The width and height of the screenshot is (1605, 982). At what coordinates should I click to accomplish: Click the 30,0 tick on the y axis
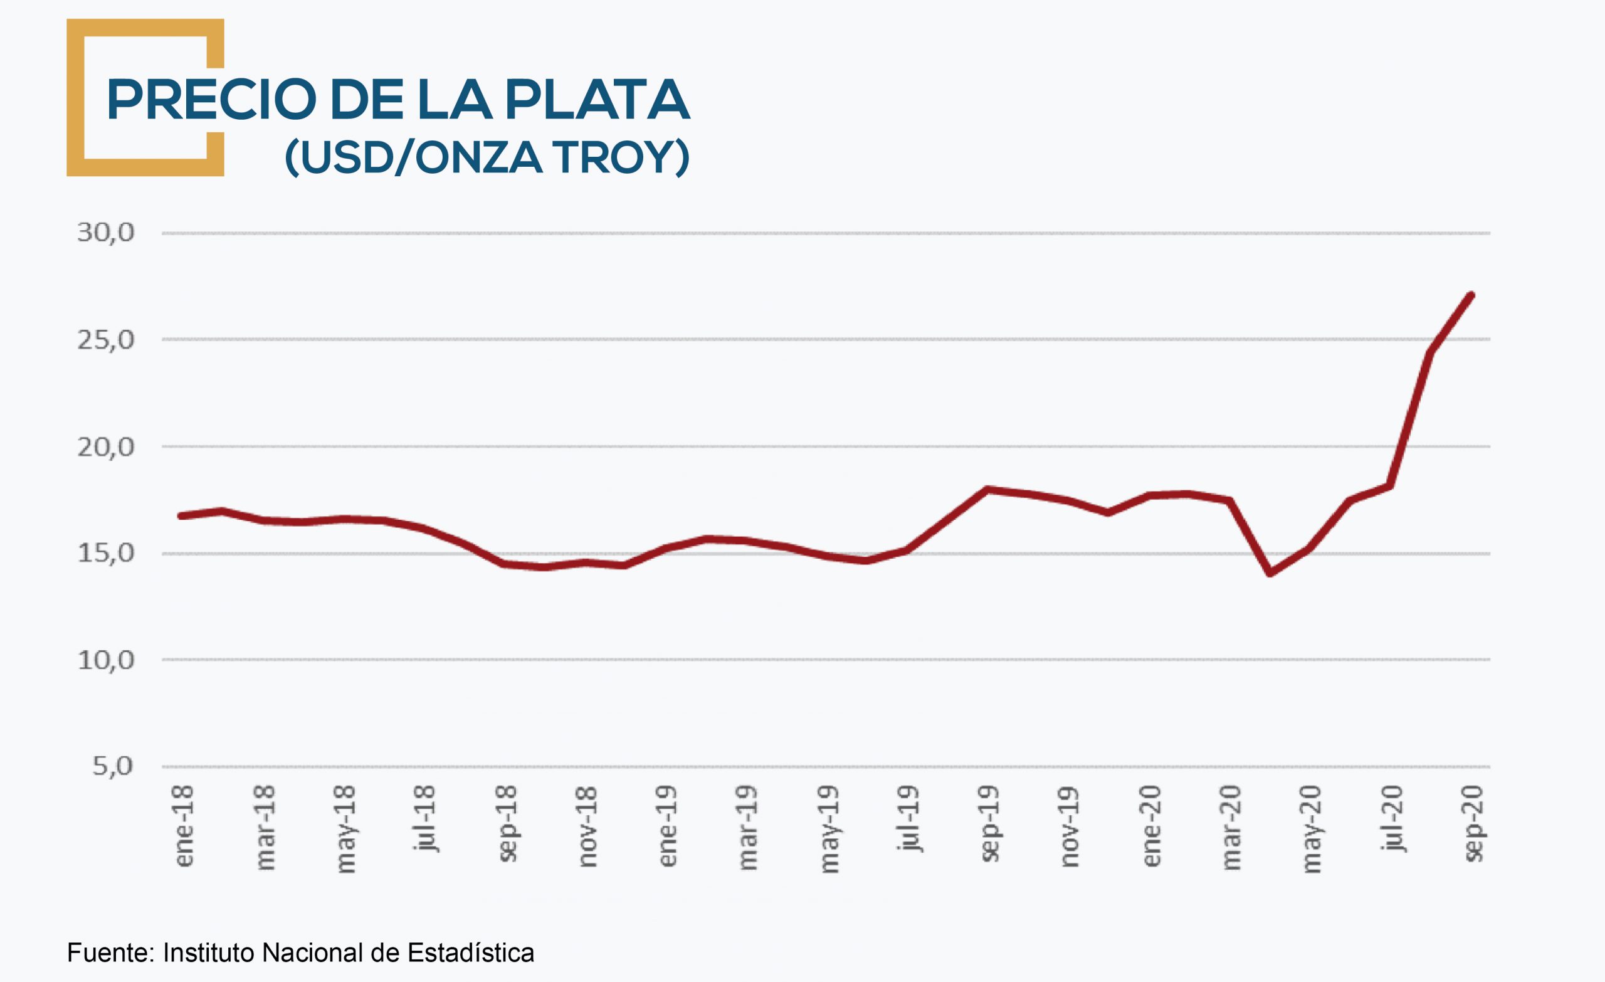[x=105, y=233]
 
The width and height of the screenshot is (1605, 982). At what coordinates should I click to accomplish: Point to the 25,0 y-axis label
[x=105, y=339]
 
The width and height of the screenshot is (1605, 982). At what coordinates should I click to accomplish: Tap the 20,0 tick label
[x=105, y=447]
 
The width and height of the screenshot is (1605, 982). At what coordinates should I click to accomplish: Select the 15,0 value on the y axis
[x=105, y=553]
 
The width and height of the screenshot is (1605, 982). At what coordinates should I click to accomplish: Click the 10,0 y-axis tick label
[x=105, y=660]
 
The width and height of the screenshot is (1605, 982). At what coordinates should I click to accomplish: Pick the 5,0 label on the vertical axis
[x=113, y=766]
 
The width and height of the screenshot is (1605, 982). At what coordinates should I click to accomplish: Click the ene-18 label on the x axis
[x=184, y=826]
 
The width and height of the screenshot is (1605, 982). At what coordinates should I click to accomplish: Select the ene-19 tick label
[x=668, y=826]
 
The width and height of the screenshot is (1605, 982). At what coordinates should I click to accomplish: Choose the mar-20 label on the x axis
[x=1231, y=828]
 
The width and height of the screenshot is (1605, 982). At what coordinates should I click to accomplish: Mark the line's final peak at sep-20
[x=1471, y=295]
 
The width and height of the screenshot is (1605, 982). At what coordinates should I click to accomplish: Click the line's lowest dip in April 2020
[x=1270, y=573]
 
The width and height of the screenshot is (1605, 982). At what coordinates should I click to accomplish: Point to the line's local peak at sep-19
[x=988, y=488]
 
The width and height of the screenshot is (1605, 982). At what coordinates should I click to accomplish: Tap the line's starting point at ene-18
[x=181, y=516]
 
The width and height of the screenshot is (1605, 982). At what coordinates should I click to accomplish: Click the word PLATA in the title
[x=597, y=100]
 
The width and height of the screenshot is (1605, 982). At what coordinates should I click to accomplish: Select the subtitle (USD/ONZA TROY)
[x=487, y=157]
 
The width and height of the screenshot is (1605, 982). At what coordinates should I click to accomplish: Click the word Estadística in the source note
[x=470, y=953]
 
